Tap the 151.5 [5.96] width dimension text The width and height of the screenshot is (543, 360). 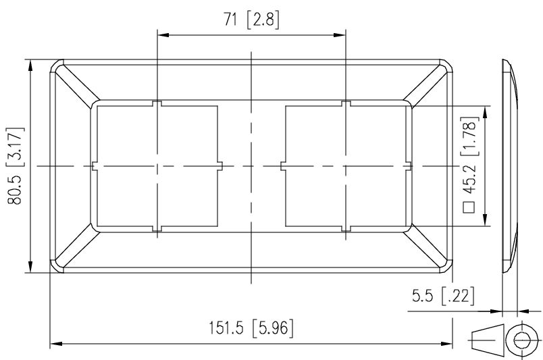coord(251,330)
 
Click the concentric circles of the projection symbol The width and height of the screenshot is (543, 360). coord(522,338)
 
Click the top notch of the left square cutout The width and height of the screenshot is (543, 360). coord(157,103)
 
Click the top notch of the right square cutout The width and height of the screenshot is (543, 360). coord(345,103)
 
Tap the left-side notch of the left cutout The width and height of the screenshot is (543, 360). coord(94,166)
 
